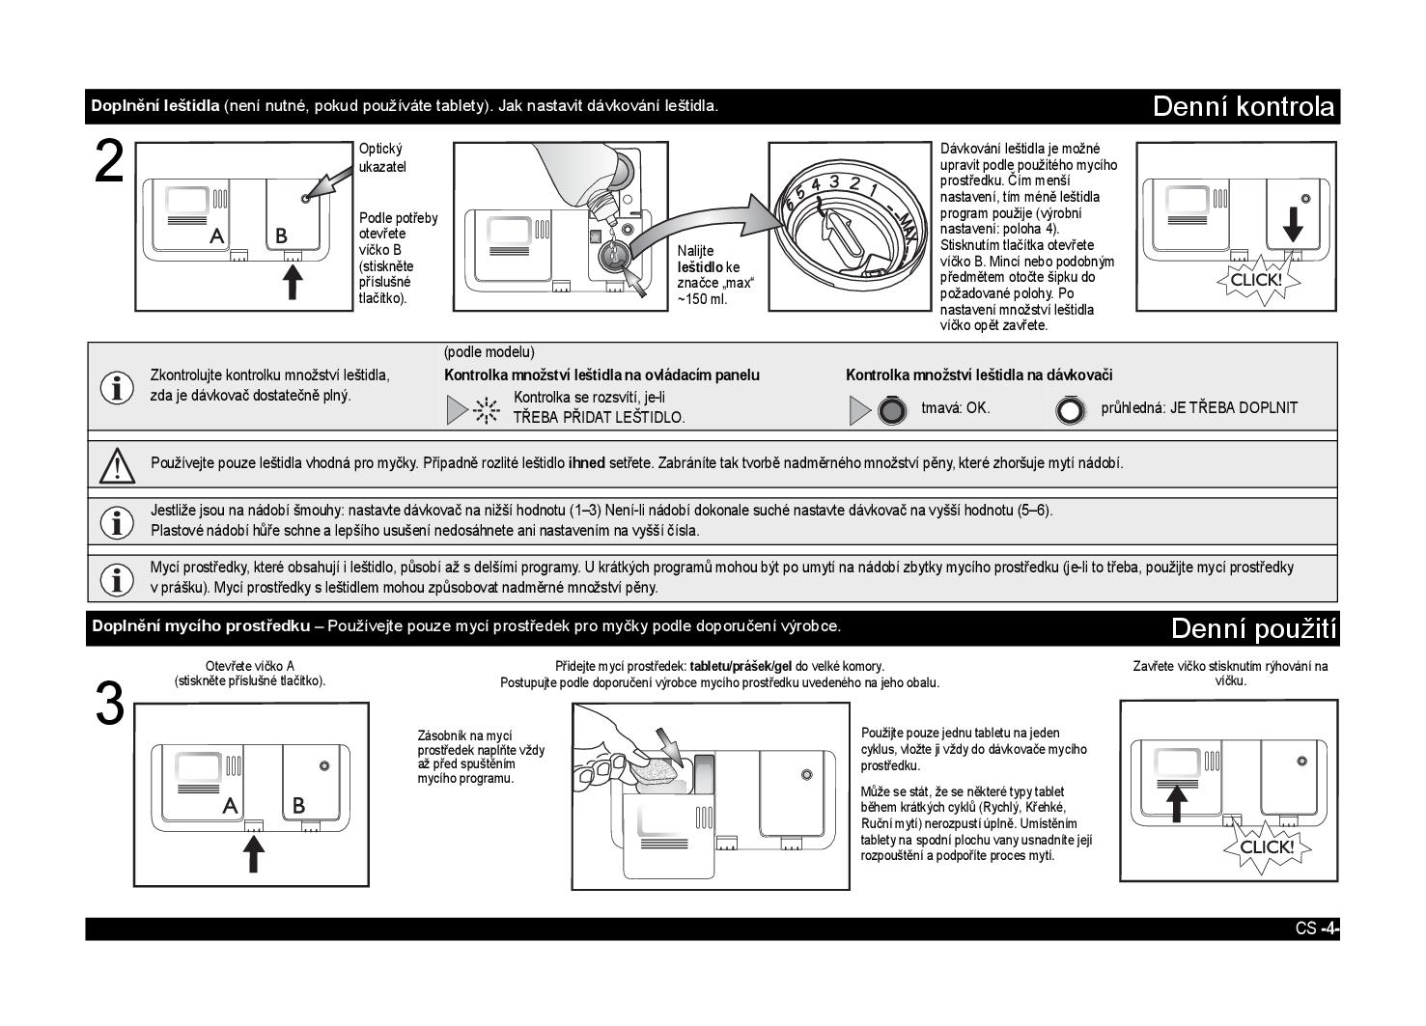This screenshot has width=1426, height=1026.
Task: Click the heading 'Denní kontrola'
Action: [1244, 106]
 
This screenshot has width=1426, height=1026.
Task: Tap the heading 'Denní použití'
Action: [1253, 629]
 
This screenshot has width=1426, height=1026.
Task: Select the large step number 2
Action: [110, 162]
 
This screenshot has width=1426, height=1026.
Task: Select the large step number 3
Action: [110, 704]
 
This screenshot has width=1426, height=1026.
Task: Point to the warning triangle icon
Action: [117, 465]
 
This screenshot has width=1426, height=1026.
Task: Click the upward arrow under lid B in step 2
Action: [292, 282]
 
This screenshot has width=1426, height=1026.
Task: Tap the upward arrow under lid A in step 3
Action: [253, 853]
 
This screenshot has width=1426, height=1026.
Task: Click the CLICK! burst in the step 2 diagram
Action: [1257, 280]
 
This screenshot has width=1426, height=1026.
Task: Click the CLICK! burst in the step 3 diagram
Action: [1266, 847]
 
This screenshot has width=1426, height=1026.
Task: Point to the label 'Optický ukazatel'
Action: [382, 157]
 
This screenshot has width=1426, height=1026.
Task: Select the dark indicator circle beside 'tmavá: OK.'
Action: [892, 411]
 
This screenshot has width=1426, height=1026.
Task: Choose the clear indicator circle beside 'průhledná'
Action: [1070, 411]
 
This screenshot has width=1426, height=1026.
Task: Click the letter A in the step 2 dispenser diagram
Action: [218, 235]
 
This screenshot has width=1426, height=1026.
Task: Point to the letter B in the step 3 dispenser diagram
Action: [298, 804]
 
